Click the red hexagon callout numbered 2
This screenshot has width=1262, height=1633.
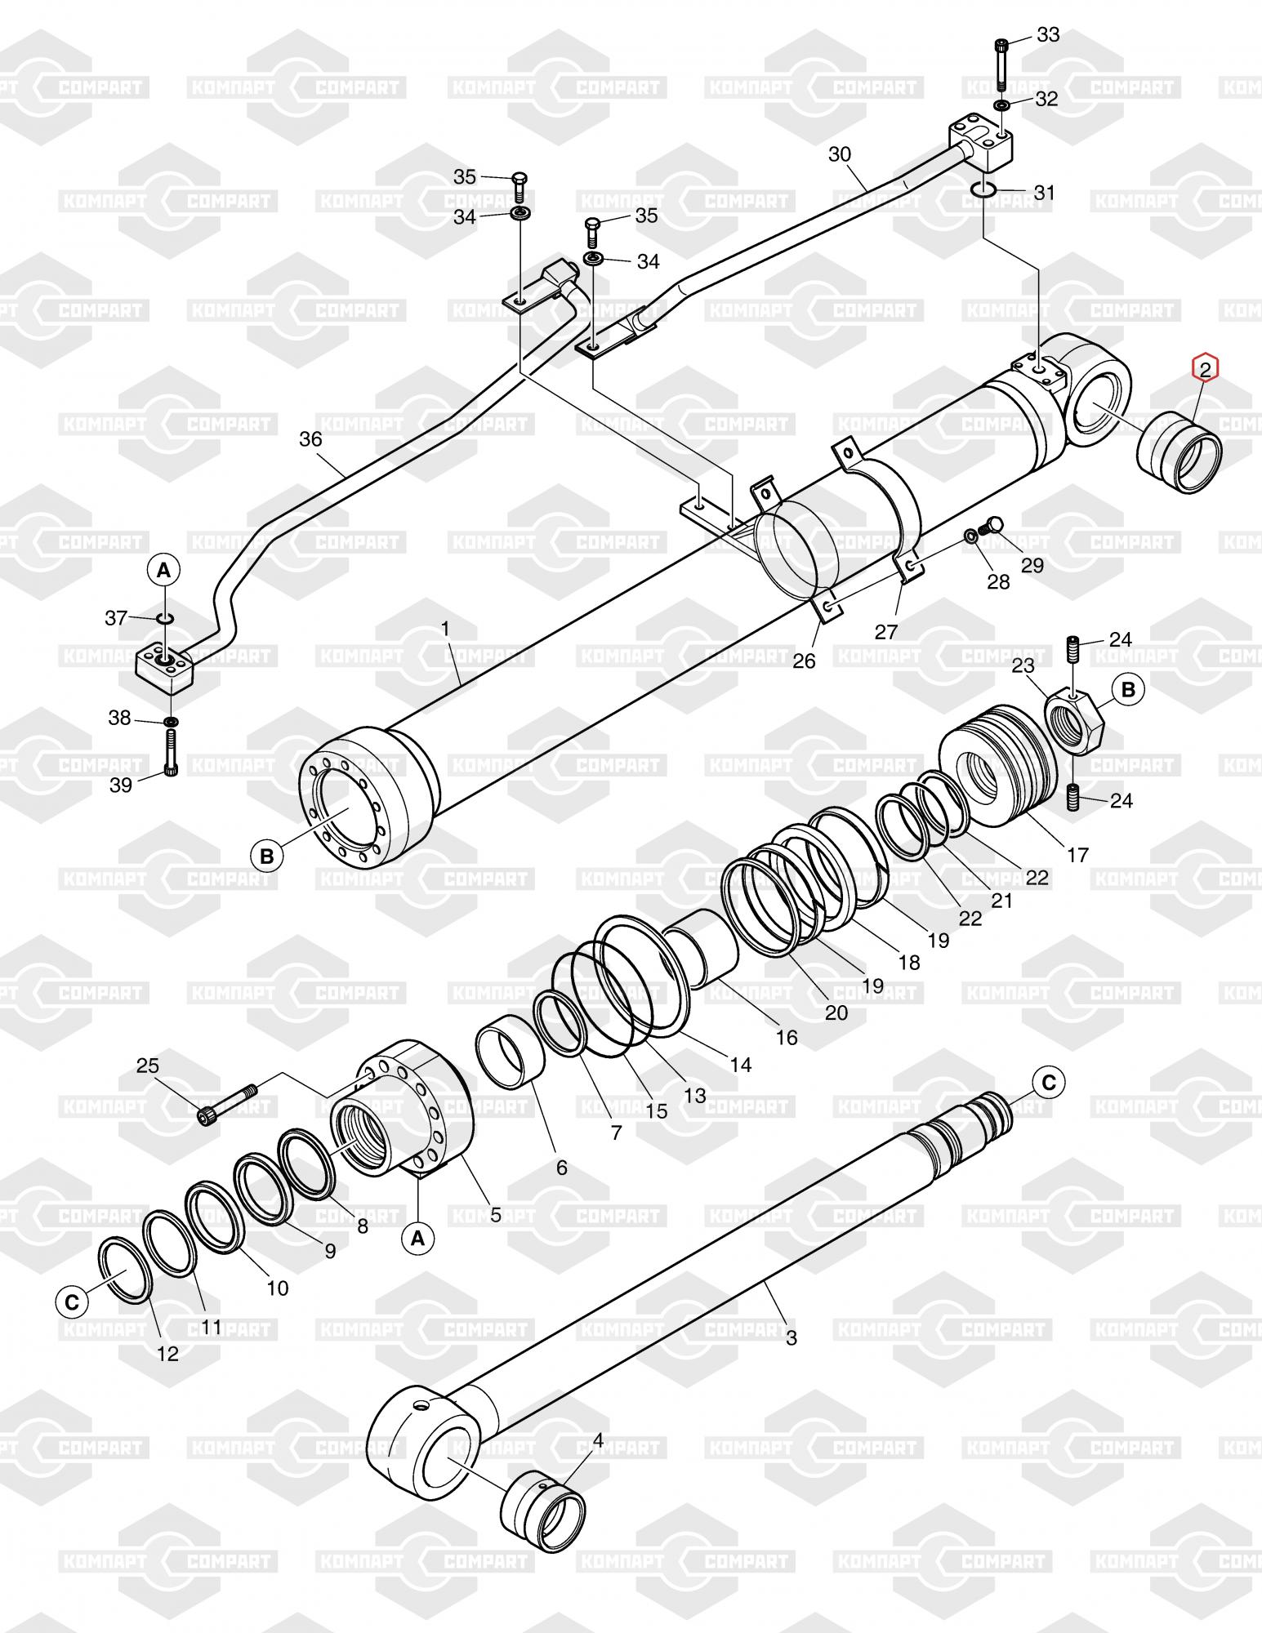[x=1205, y=368]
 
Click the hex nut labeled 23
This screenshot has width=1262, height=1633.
[x=1074, y=720]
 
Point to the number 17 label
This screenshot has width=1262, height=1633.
[x=1077, y=854]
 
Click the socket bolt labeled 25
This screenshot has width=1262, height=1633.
[x=228, y=1102]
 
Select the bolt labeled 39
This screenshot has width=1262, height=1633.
[x=171, y=752]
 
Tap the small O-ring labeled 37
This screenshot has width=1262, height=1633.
[x=163, y=619]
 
